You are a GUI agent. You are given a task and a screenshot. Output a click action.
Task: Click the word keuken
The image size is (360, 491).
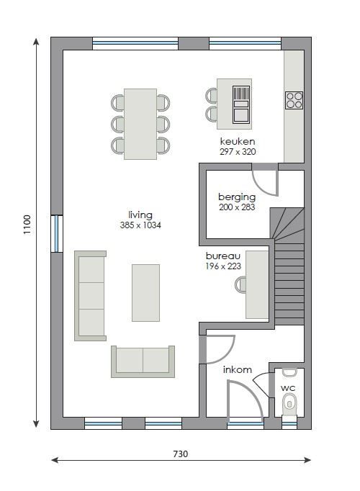[238, 141]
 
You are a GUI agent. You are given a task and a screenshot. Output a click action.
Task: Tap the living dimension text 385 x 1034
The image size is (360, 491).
[140, 225]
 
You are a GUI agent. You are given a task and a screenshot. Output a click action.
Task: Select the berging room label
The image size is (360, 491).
[237, 197]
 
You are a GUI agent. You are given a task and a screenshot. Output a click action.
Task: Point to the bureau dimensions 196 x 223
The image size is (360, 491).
[223, 266]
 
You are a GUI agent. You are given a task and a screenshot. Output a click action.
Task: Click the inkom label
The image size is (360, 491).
[238, 369]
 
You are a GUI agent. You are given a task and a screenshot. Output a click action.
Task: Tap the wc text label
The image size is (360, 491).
[288, 388]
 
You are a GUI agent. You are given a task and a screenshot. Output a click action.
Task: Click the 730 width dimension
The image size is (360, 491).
[181, 454]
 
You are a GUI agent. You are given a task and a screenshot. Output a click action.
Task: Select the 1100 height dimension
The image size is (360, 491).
[27, 224]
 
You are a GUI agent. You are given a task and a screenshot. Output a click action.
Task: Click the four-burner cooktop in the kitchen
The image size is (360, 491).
[294, 100]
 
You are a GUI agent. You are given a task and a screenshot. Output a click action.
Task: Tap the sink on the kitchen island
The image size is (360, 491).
[241, 104]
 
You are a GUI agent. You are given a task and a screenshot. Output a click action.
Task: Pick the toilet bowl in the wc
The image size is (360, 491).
[289, 404]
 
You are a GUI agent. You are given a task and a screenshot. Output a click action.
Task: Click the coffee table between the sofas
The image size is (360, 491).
[145, 293]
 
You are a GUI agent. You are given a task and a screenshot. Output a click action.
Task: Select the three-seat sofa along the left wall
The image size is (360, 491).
[91, 296]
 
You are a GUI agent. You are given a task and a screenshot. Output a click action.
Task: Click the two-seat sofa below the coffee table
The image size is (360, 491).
[143, 361]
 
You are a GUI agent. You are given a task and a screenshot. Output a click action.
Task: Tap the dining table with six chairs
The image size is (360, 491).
[140, 124]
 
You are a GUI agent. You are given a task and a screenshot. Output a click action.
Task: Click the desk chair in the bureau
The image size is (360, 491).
[240, 284]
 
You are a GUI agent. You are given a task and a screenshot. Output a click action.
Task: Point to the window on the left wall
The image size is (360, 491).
[57, 233]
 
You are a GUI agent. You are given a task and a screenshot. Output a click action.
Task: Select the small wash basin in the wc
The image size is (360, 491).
[289, 372]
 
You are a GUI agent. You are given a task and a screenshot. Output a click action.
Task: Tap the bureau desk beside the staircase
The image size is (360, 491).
[257, 284]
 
